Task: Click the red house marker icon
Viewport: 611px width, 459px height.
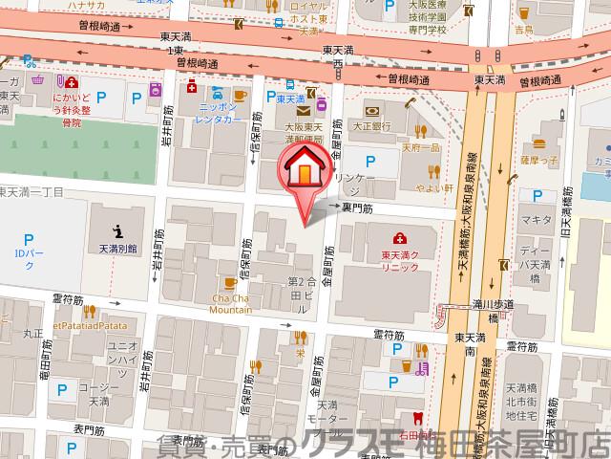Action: (304, 170)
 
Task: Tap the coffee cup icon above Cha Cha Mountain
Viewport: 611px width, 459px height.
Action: (230, 283)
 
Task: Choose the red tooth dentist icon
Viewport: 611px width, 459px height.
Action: (416, 417)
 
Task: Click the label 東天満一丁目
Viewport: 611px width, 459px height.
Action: (31, 192)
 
